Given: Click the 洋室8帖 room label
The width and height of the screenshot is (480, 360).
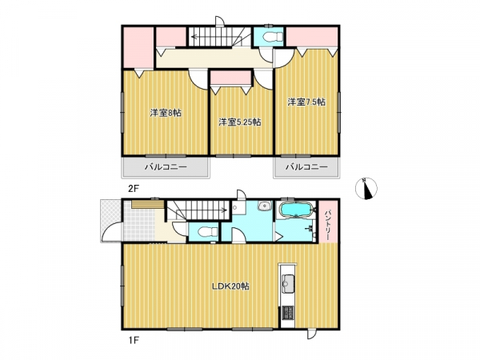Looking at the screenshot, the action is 166,113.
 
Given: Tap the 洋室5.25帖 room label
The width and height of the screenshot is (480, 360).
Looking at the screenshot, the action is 240,122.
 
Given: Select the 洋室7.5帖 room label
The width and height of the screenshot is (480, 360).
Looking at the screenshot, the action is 306,102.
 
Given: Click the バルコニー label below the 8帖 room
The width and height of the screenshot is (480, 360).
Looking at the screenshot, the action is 166,167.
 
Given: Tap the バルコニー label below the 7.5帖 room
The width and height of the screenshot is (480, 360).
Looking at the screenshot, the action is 306,167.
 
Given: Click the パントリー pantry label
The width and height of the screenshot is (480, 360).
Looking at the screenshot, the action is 328,222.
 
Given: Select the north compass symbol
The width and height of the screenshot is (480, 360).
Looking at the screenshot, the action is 366,189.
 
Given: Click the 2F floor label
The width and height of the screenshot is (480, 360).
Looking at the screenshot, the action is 134,189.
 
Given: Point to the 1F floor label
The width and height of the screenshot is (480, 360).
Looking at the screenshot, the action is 133,339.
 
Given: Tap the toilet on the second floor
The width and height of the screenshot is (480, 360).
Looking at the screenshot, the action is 272,37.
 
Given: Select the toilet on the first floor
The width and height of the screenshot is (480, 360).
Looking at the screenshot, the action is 206,232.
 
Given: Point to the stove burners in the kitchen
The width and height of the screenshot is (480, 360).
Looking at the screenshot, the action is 288,313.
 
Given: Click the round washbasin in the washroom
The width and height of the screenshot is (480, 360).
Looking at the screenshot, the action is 265,206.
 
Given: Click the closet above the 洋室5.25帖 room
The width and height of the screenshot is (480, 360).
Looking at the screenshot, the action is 231,78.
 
